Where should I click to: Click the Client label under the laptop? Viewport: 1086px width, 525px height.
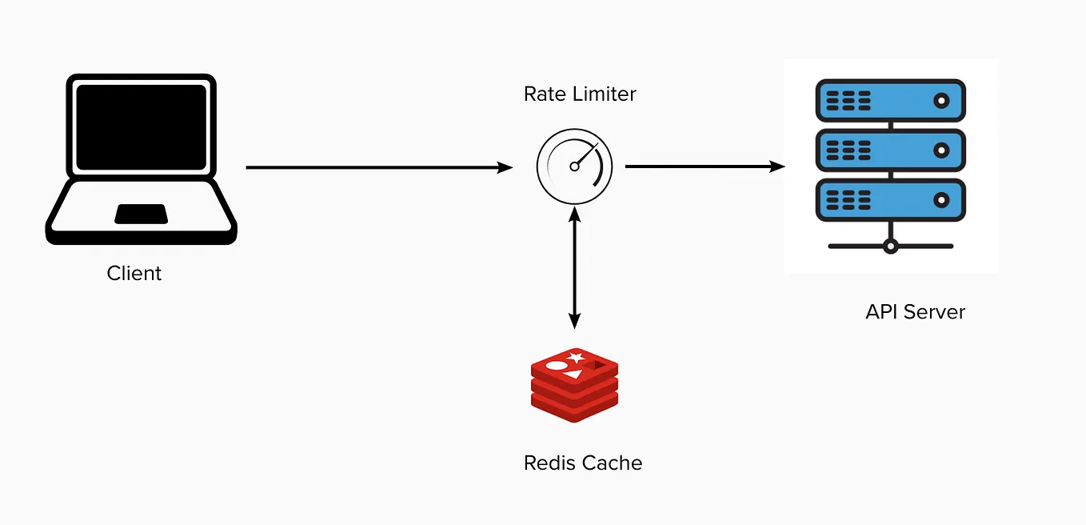coord(134,274)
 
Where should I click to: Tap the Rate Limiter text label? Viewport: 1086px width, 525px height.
coord(580,94)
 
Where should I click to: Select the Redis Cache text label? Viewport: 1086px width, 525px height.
coord(583,463)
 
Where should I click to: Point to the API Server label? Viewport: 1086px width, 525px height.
coord(915,311)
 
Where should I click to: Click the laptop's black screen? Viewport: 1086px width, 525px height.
coord(141,126)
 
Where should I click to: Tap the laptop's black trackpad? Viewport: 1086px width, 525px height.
coord(141,214)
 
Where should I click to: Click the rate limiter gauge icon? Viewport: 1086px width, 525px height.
coord(574,166)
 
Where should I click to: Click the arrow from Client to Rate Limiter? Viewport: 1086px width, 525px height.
coord(376,167)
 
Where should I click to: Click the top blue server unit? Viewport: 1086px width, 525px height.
coord(890,101)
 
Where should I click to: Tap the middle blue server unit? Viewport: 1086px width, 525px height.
coord(890,150)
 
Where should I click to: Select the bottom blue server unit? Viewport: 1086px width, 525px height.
coord(890,199)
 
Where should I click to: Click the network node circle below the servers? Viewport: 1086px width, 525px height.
coord(890,246)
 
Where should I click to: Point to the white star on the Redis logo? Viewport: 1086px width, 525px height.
coord(575,357)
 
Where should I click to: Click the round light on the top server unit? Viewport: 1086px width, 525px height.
coord(941,101)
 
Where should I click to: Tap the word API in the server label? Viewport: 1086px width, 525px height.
coord(880,311)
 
